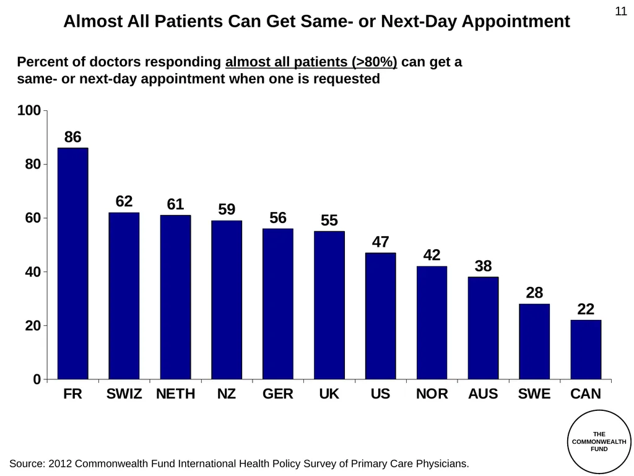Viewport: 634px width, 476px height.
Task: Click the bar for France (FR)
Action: pos(73,263)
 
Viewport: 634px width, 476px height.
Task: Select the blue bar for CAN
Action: pos(586,350)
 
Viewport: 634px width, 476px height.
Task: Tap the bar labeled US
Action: pos(381,316)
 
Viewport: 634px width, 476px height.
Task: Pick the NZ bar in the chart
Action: pos(227,300)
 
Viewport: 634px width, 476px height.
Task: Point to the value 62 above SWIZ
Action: pos(124,201)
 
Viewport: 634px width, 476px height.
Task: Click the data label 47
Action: pos(381,242)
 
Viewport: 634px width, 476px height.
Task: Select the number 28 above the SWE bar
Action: pos(534,293)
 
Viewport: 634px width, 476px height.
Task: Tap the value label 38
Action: pos(483,266)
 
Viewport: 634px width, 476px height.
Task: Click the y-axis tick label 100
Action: pos(29,110)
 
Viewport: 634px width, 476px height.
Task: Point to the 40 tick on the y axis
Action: pos(33,271)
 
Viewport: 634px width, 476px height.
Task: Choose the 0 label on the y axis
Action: pos(37,379)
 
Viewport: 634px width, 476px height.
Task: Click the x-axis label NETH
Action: pos(175,394)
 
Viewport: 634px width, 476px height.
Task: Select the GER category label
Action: pos(278,394)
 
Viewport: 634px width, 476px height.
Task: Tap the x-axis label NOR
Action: pos(432,394)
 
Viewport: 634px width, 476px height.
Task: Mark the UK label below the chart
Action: pos(329,394)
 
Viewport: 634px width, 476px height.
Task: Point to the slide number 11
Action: pos(621,11)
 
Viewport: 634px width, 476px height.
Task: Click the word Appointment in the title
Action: pos(516,22)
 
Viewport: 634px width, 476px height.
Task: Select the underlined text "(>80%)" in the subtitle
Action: pos(375,62)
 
